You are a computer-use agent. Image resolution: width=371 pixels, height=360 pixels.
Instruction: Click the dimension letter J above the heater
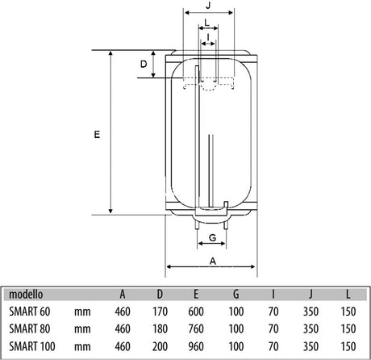(208, 5)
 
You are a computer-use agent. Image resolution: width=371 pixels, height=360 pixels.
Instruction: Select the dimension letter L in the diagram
(206, 23)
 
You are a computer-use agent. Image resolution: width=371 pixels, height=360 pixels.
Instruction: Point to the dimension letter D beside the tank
(144, 64)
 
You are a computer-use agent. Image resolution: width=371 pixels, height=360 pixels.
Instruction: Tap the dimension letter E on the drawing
(97, 134)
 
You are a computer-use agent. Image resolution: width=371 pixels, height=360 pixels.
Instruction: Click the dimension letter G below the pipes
(212, 237)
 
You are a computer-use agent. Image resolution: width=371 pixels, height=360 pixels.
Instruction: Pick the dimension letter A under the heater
(213, 261)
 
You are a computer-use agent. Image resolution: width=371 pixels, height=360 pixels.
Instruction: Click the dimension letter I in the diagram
(208, 37)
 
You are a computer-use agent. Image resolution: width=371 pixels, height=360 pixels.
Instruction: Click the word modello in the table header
(26, 294)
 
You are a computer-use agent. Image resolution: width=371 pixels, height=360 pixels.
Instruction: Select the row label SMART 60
(30, 312)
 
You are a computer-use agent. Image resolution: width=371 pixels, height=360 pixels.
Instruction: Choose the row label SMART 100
(32, 346)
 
